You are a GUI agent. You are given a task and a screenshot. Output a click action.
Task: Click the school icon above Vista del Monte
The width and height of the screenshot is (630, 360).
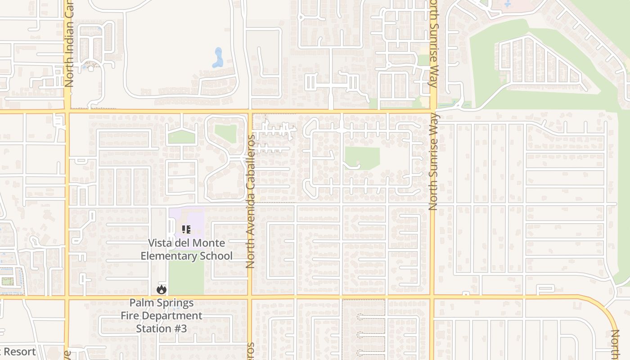click(x=186, y=229)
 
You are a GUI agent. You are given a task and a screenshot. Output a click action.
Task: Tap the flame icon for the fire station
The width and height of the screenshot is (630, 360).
click(x=161, y=289)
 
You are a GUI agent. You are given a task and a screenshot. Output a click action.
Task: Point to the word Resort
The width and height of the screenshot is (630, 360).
click(x=20, y=351)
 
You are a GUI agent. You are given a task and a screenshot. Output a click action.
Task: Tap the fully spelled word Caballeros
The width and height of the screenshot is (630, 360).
click(x=251, y=162)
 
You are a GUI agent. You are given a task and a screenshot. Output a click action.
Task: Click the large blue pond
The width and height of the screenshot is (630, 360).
click(x=218, y=57)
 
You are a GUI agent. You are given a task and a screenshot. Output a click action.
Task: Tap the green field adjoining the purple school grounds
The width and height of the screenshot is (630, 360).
click(x=186, y=278)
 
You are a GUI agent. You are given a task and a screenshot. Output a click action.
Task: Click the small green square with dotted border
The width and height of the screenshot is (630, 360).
click(x=7, y=282)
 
